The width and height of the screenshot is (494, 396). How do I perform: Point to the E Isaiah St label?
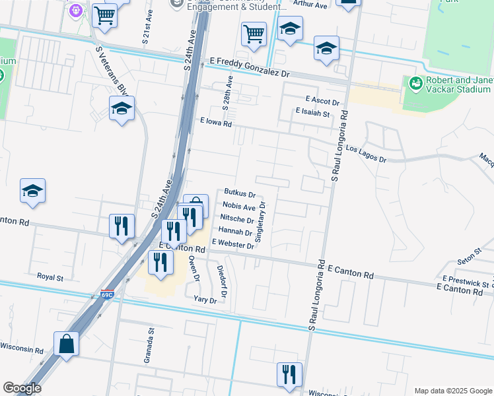[x=312, y=114]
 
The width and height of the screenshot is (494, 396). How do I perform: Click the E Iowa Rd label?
[x=217, y=122]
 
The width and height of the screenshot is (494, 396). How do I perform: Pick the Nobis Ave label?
[x=239, y=207]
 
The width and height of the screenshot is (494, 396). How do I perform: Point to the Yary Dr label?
[x=205, y=300]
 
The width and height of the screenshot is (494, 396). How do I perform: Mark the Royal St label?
[x=50, y=277]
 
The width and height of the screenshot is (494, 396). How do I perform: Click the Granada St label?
[x=149, y=346]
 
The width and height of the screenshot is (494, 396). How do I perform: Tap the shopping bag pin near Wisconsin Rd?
[x=67, y=343]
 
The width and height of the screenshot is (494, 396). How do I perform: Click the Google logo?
[x=22, y=389]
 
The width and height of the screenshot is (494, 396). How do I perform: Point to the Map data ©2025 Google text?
[x=452, y=390]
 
